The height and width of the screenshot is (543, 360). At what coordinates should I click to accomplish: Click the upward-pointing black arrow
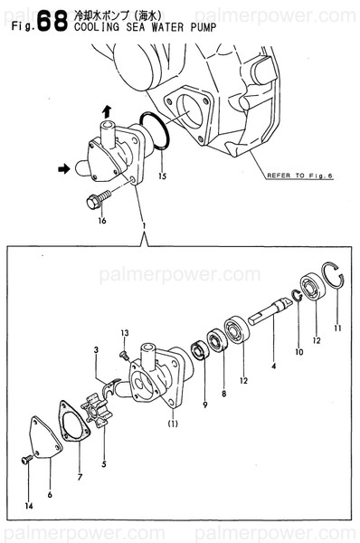click(107, 111)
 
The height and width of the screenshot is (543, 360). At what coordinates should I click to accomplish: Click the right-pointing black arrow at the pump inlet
click(63, 169)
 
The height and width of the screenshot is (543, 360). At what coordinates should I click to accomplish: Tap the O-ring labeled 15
click(155, 130)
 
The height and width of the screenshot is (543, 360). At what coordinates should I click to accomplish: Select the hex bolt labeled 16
click(99, 200)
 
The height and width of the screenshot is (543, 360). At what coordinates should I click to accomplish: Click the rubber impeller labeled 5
click(94, 414)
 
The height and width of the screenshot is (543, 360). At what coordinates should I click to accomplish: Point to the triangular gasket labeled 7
click(74, 421)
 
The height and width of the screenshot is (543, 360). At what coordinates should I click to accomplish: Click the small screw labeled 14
click(26, 460)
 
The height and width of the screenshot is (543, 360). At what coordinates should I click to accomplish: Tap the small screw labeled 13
click(124, 355)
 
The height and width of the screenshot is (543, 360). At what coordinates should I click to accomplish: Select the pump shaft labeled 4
click(270, 310)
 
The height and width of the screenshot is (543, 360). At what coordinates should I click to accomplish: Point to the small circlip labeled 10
click(298, 295)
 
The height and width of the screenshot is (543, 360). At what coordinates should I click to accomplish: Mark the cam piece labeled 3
click(111, 386)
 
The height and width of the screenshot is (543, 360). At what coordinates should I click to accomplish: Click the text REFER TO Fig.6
click(299, 176)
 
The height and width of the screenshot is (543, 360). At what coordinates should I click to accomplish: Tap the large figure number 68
click(52, 21)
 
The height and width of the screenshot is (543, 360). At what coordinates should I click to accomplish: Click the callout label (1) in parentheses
click(173, 424)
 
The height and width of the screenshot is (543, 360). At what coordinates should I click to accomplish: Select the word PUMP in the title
click(204, 27)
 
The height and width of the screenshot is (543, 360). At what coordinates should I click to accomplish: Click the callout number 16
click(102, 220)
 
